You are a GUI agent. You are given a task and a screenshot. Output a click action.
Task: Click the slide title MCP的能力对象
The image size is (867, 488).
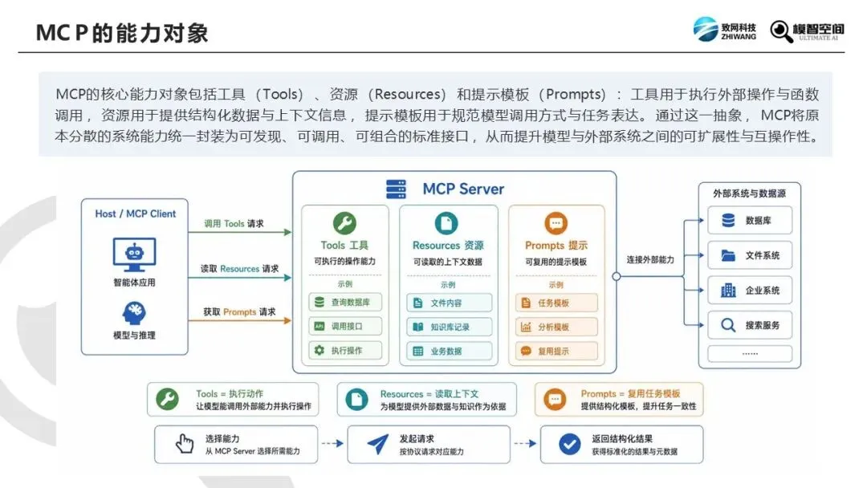(x=122, y=33)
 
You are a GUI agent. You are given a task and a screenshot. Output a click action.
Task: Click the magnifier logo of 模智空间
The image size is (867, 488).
(x=781, y=31)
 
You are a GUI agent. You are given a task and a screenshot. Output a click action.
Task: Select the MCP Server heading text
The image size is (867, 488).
(x=463, y=189)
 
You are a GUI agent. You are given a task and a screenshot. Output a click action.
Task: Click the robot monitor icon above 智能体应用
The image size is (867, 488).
(x=134, y=254)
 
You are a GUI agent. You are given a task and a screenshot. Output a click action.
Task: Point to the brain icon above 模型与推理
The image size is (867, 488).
(x=134, y=313)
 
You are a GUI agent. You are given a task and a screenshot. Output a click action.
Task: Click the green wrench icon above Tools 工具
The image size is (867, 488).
(x=344, y=223)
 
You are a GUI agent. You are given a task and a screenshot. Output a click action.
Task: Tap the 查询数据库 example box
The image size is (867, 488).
(x=345, y=303)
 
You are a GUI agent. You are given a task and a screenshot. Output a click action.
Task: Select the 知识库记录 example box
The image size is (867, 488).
(x=449, y=327)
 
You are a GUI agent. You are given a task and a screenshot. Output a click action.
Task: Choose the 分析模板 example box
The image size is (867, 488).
(x=556, y=327)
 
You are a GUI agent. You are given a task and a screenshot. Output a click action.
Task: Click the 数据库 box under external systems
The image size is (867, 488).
(x=750, y=221)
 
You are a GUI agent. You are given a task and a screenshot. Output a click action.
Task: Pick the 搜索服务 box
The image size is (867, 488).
(x=750, y=325)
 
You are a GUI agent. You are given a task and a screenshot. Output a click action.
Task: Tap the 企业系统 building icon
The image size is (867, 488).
(x=728, y=290)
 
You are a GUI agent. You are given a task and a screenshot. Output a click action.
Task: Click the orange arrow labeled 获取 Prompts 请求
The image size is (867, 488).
(x=240, y=320)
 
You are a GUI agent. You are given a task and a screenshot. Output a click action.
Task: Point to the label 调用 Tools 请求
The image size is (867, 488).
(x=234, y=223)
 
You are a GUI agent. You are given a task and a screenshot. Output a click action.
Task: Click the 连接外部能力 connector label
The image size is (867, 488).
(x=650, y=259)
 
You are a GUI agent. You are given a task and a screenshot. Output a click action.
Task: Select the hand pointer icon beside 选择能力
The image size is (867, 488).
(x=185, y=443)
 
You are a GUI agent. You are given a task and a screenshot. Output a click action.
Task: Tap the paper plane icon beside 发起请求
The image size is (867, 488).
(x=378, y=444)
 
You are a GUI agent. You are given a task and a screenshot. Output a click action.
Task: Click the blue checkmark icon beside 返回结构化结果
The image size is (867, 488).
(x=569, y=444)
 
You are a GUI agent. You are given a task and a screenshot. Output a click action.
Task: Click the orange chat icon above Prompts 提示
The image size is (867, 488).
(x=556, y=223)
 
